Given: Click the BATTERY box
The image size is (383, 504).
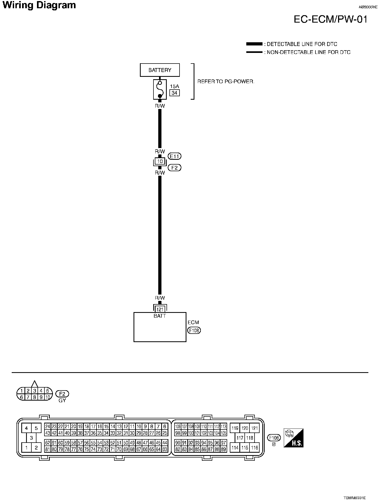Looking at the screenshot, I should point(160,70).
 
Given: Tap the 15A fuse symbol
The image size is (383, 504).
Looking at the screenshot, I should point(160,89).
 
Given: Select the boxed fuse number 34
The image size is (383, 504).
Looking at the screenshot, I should point(174,93).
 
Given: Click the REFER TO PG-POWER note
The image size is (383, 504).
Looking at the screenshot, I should point(226,82).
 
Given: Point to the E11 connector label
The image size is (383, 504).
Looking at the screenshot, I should point(174,156).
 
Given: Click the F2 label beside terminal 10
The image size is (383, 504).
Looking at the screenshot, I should point(174,168).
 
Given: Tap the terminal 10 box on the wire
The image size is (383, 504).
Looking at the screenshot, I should point(160,161).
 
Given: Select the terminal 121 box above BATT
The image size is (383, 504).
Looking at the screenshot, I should point(160,309).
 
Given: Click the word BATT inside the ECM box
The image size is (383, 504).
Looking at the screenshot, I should point(160,316).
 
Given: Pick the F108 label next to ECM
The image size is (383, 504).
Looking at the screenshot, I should point(194,330).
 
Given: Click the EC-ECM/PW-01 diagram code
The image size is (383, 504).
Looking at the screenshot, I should point(331,19).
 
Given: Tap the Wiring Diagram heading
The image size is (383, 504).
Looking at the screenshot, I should point(39,5).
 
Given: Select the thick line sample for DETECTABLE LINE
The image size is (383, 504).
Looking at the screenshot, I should point(254,44).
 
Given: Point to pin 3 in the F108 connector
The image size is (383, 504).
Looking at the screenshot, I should point(31,438).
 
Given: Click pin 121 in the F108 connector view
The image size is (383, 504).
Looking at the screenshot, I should point(255,428).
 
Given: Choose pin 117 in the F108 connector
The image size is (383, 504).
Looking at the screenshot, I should point(240,438).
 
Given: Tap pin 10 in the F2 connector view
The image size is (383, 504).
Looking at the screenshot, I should point(47,397).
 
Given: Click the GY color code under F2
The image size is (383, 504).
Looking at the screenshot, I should point(62,400).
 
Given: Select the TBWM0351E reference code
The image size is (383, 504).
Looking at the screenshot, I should point(354,498).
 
